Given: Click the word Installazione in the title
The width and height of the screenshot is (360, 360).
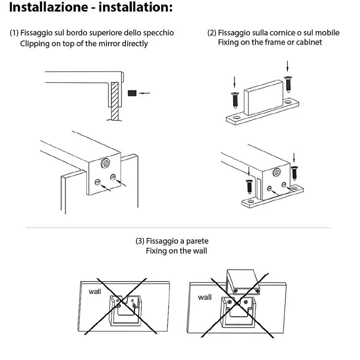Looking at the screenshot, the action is [x=49, y=7].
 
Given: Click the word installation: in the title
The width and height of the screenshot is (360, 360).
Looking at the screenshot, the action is [x=135, y=7].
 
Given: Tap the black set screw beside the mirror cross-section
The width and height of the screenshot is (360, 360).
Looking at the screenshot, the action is [x=132, y=93].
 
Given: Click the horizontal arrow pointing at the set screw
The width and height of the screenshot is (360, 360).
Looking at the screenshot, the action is [x=145, y=93].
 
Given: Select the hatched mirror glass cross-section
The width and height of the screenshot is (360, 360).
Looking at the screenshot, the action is [x=115, y=101].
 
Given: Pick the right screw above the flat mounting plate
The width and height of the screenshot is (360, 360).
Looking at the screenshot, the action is [x=288, y=84].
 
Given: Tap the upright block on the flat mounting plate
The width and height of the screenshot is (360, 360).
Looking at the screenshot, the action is [x=264, y=98].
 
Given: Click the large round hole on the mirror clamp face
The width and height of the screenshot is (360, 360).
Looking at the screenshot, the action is [x=105, y=163].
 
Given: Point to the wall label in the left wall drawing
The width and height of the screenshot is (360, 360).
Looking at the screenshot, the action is [x=95, y=292].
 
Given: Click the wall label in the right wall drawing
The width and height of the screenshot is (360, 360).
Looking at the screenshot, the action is [x=204, y=297].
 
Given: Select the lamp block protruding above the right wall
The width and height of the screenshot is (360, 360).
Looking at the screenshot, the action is [x=243, y=282].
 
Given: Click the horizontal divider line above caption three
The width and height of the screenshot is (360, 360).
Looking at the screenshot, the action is [x=178, y=228].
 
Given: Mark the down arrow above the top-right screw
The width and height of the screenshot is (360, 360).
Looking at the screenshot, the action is [x=287, y=66].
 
